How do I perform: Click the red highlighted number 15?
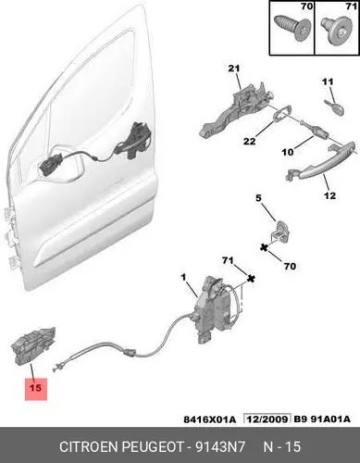[x=36, y=388]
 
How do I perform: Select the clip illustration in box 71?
[x=336, y=31]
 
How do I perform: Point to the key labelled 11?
[x=334, y=106]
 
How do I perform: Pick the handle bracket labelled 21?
[x=236, y=108]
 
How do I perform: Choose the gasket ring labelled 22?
[x=282, y=113]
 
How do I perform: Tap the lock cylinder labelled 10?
[x=317, y=131]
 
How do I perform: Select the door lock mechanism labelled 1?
[x=216, y=310]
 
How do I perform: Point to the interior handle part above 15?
[x=33, y=345]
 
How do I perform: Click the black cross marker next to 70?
[x=264, y=247]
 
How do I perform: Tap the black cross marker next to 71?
[x=252, y=280]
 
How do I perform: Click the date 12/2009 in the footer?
[x=267, y=419]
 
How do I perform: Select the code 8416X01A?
[x=210, y=419]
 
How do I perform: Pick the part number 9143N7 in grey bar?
[x=219, y=446]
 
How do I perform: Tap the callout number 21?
[x=234, y=69]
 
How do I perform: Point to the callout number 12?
[x=329, y=195]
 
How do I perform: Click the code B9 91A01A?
[x=322, y=419]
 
